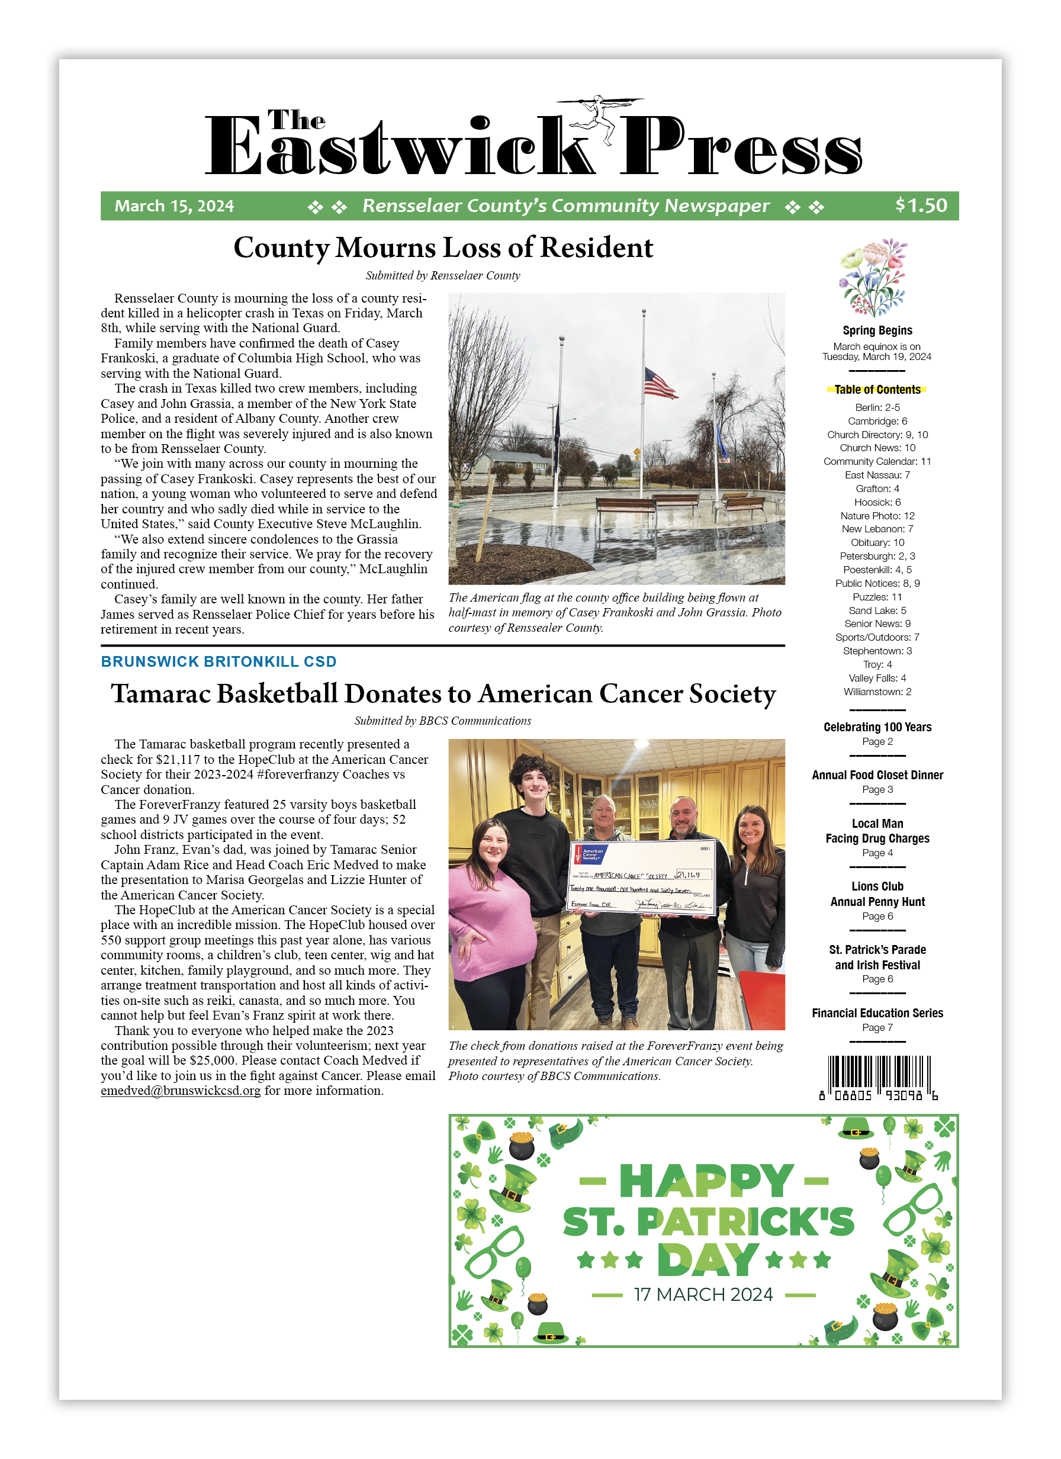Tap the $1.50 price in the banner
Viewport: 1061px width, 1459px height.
pos(921,205)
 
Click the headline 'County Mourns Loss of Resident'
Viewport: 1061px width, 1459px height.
pos(443,248)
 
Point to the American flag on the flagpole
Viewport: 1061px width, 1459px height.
pos(660,384)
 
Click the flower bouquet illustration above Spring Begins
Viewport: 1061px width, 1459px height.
pos(873,278)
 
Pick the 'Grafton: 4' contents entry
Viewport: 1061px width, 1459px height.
pos(877,489)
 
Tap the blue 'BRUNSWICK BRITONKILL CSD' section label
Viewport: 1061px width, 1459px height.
pos(218,662)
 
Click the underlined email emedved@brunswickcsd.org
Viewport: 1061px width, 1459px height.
pos(181,1090)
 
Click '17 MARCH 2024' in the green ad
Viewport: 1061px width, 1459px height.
pos(703,1294)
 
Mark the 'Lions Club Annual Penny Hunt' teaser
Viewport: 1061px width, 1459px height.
pos(877,894)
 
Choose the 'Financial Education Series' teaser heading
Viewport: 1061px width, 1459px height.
pos(877,1013)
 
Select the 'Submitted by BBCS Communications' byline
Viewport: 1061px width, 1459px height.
pos(443,721)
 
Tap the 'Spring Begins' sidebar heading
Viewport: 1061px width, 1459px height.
pos(877,330)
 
